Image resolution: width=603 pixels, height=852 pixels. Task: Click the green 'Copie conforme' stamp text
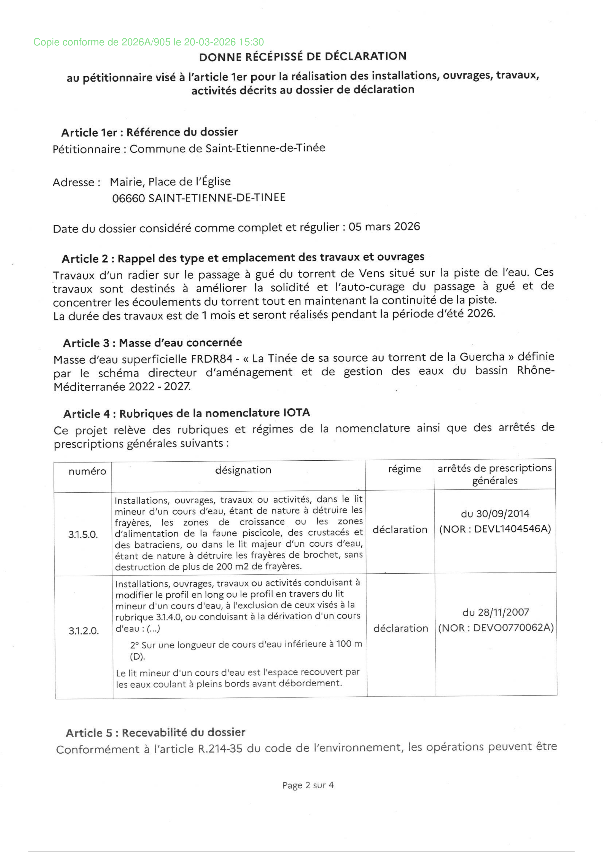click(x=149, y=42)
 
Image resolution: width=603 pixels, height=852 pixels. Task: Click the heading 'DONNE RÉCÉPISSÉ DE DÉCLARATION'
click(x=303, y=56)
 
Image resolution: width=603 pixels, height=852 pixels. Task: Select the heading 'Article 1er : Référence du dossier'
click(x=150, y=132)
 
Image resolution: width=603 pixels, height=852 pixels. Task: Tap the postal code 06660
click(x=129, y=198)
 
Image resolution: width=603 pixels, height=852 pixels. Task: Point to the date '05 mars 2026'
click(x=384, y=226)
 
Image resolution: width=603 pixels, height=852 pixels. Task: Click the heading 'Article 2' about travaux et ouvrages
click(x=243, y=258)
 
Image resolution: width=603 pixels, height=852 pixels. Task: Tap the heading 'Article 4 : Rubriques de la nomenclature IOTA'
click(x=187, y=413)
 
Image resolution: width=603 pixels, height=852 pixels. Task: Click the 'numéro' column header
click(x=87, y=471)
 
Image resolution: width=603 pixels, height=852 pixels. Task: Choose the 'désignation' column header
click(x=243, y=470)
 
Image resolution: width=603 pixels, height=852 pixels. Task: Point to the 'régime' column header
click(x=404, y=469)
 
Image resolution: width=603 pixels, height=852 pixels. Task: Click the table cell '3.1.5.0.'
click(x=83, y=534)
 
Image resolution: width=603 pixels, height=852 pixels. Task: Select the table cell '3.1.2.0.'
click(x=84, y=631)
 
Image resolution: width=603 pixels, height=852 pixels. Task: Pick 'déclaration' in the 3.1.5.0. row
click(x=400, y=530)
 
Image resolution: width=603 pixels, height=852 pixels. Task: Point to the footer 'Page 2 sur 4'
click(x=308, y=785)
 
